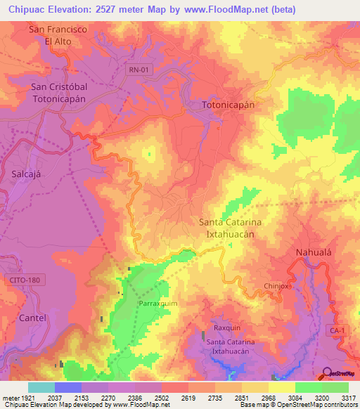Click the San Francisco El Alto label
(x=58, y=35)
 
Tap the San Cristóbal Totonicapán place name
(x=58, y=93)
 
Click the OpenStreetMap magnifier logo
(x=326, y=373)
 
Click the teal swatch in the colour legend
(x=41, y=387)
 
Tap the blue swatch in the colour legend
(x=67, y=387)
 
